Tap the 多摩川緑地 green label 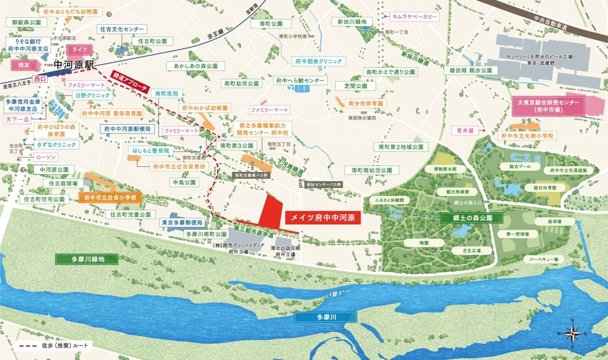click(80, 259)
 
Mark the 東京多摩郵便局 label click(183, 222)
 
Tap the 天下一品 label click(17, 119)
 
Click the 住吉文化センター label click(122, 29)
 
